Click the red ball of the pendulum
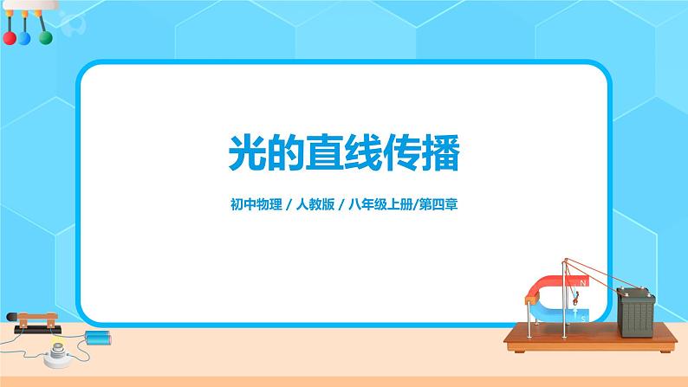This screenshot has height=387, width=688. click(x=10, y=38)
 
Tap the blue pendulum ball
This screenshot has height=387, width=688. click(x=26, y=38)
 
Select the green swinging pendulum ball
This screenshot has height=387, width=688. click(x=46, y=37)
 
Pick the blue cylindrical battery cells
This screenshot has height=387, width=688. click(x=97, y=335)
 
